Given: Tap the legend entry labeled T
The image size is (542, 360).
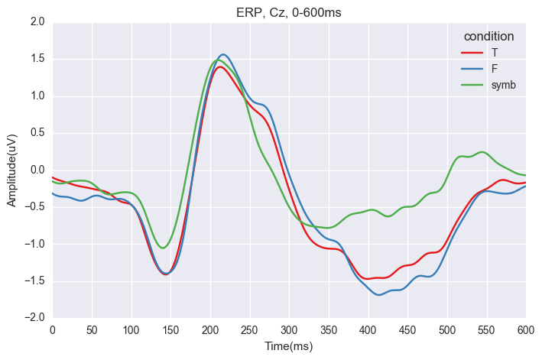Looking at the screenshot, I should [495, 52].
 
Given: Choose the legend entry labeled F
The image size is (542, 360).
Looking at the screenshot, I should [495, 68].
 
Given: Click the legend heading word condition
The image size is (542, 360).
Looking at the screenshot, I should [488, 36].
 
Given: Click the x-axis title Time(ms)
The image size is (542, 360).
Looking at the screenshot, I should [288, 346].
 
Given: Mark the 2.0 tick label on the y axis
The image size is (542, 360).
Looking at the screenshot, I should [36, 22].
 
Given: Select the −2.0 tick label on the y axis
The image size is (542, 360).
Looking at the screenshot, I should [34, 317].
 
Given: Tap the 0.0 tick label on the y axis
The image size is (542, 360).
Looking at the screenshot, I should [36, 170].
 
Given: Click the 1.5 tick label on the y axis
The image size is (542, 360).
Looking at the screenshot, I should [36, 59].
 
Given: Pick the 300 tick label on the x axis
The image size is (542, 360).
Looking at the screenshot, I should [289, 329].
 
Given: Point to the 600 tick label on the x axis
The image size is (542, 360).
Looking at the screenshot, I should [525, 329].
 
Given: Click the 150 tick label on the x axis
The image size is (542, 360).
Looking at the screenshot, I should [170, 329].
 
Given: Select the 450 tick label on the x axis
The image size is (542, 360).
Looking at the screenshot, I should [407, 329].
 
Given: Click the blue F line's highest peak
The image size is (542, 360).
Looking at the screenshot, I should [223, 54].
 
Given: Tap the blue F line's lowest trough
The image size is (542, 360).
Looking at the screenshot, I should [379, 294].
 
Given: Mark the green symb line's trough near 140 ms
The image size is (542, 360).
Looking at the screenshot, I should [163, 248].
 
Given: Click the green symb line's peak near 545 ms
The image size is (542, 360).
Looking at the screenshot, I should [482, 152].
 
